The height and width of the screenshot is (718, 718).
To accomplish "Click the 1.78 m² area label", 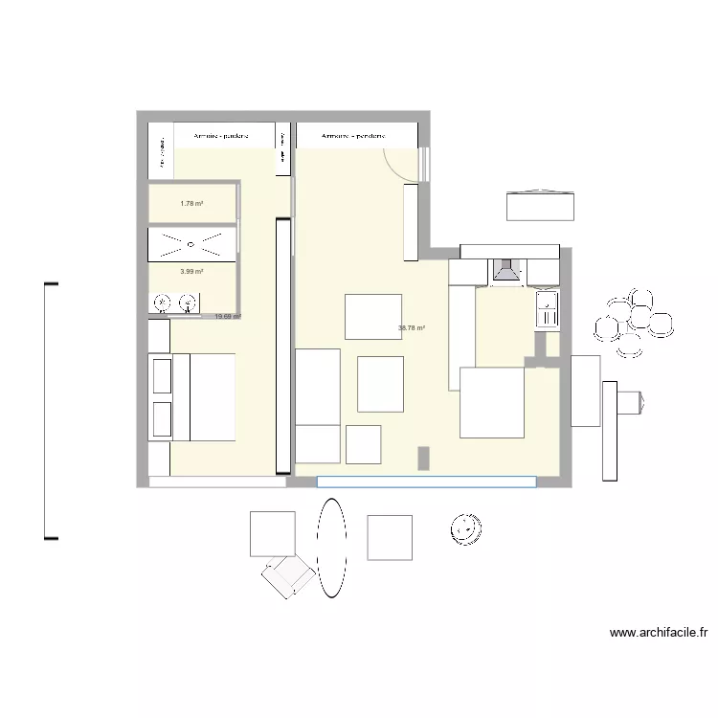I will [x=191, y=203].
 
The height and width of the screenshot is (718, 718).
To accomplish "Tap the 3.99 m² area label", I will [x=191, y=271].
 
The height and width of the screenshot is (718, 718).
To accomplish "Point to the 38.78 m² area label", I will [x=412, y=328].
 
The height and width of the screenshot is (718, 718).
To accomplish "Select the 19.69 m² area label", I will [x=228, y=317].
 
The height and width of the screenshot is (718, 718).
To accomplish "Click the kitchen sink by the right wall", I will [x=546, y=310].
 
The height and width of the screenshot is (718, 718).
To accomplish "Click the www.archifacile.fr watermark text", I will [x=659, y=633].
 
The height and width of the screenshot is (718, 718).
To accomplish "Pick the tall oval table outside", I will [x=331, y=548].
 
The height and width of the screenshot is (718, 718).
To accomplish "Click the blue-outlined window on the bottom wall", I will [x=426, y=482].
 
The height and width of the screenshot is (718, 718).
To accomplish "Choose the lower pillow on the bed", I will [x=160, y=418].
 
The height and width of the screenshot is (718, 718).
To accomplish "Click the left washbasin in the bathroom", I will [x=163, y=304].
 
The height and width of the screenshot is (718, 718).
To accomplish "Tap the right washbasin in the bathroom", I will [x=188, y=304].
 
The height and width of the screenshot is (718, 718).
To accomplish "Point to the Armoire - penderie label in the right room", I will [x=354, y=137].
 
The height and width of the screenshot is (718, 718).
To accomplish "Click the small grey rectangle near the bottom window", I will [x=422, y=459].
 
